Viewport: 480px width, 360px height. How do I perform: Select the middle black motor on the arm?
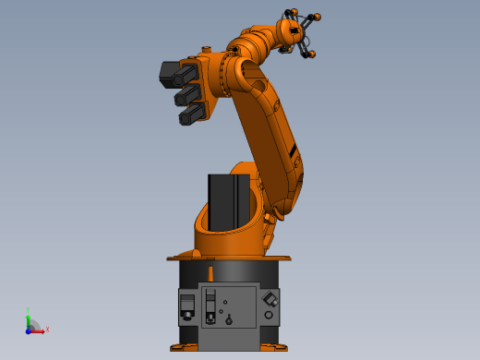tap(187, 94)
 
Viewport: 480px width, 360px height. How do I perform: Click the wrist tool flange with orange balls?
tap(297, 34)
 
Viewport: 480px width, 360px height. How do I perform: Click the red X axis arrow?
tap(39, 329)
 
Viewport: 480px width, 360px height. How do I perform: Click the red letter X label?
tap(47, 329)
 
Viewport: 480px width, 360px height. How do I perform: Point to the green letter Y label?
tap(29, 310)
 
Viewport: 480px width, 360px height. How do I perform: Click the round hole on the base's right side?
tap(269, 316)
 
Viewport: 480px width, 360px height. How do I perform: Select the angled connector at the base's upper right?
tap(270, 299)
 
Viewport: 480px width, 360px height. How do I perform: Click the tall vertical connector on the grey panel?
tap(211, 305)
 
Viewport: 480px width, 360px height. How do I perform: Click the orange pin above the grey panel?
tap(211, 273)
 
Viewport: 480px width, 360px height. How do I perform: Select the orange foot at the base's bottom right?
tap(274, 347)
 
